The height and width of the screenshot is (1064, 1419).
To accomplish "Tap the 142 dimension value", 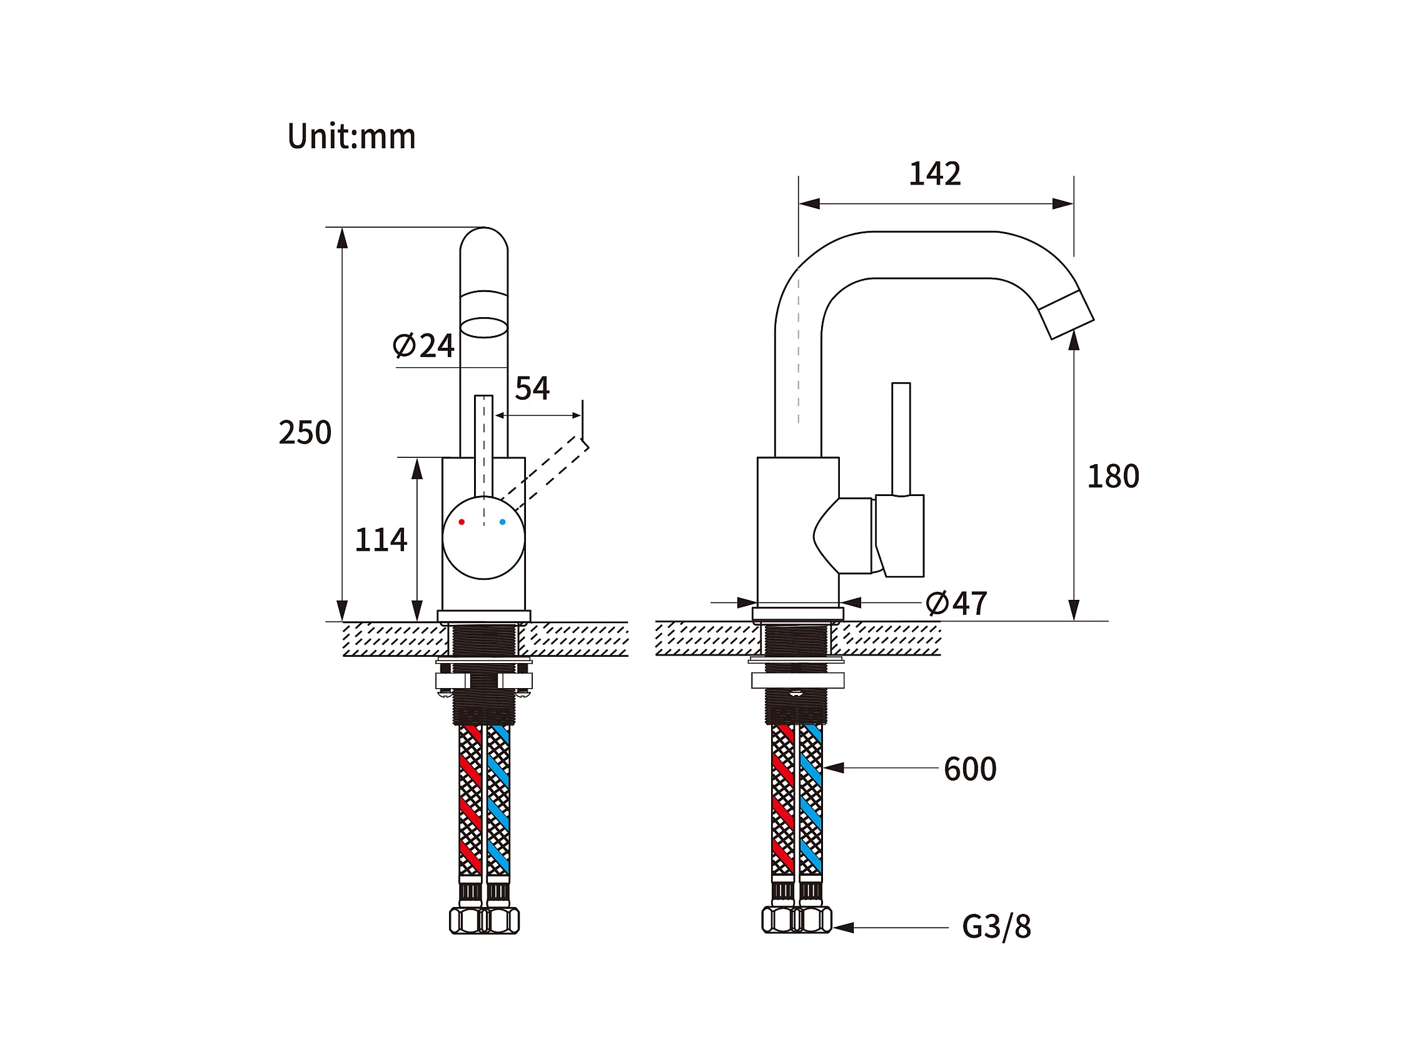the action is point(935,174).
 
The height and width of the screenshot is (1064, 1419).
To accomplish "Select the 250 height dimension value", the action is point(305,432).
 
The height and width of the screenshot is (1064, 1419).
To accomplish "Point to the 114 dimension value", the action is point(380,540).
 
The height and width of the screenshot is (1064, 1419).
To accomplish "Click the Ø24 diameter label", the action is point(423,346).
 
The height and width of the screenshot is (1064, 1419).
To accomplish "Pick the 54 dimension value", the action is point(532,388).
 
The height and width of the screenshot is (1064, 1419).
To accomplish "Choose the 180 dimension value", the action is point(1113,477).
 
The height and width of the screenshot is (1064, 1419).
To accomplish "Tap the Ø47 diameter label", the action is point(956,603).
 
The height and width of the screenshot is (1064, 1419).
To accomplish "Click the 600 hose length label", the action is point(970,769).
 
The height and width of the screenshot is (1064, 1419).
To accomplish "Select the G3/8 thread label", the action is point(996,926).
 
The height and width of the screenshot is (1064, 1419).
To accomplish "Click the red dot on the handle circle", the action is point(462,522).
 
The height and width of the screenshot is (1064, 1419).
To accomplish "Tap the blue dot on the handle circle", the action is point(502,522).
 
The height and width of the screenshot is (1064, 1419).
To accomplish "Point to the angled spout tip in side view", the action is point(1066,315).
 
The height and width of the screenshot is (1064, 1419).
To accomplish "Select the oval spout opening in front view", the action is point(483,327).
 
